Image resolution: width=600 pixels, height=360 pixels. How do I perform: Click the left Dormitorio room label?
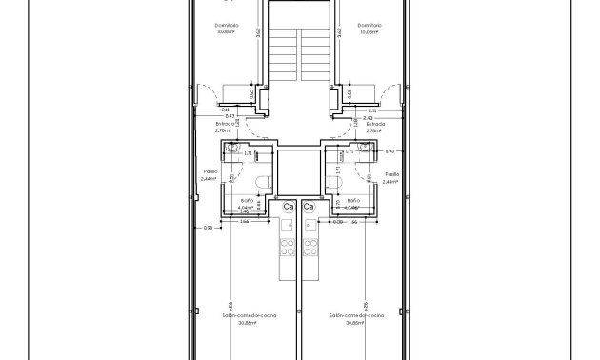point(226,26)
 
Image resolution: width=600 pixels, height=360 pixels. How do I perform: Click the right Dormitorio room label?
point(370,26)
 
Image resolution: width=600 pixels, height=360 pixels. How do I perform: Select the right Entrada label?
point(374,123)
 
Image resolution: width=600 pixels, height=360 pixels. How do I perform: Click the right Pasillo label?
point(390,172)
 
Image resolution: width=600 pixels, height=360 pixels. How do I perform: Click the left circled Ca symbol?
point(288,206)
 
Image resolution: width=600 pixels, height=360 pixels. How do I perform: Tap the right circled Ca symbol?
point(308,206)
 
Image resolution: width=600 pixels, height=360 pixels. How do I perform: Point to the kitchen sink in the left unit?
point(287,227)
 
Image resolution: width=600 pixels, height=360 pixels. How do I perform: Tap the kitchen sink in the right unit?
point(310,227)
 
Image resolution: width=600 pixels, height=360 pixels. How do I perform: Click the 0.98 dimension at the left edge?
point(209,228)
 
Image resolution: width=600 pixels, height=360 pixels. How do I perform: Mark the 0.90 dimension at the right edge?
point(389,150)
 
